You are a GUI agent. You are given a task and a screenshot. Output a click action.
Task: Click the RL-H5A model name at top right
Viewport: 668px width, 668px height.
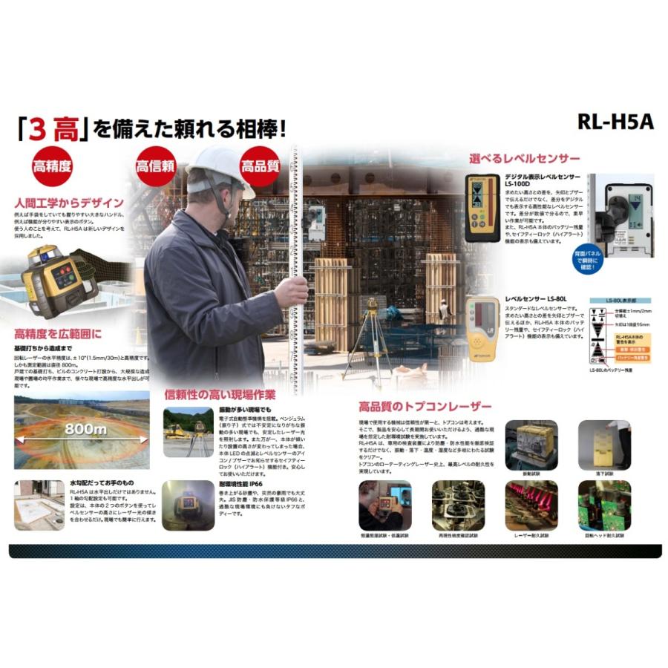point(615,122)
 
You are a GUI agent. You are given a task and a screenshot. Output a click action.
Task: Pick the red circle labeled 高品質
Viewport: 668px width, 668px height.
point(259,166)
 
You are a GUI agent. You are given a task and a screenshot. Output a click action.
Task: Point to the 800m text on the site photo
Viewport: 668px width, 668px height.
point(85,429)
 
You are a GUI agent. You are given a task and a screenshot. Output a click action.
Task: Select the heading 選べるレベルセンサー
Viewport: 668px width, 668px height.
point(524,158)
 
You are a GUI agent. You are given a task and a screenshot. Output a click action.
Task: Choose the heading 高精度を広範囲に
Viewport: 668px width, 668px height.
point(58,334)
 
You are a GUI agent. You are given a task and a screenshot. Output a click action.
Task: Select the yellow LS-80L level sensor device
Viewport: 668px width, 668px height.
point(482,324)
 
